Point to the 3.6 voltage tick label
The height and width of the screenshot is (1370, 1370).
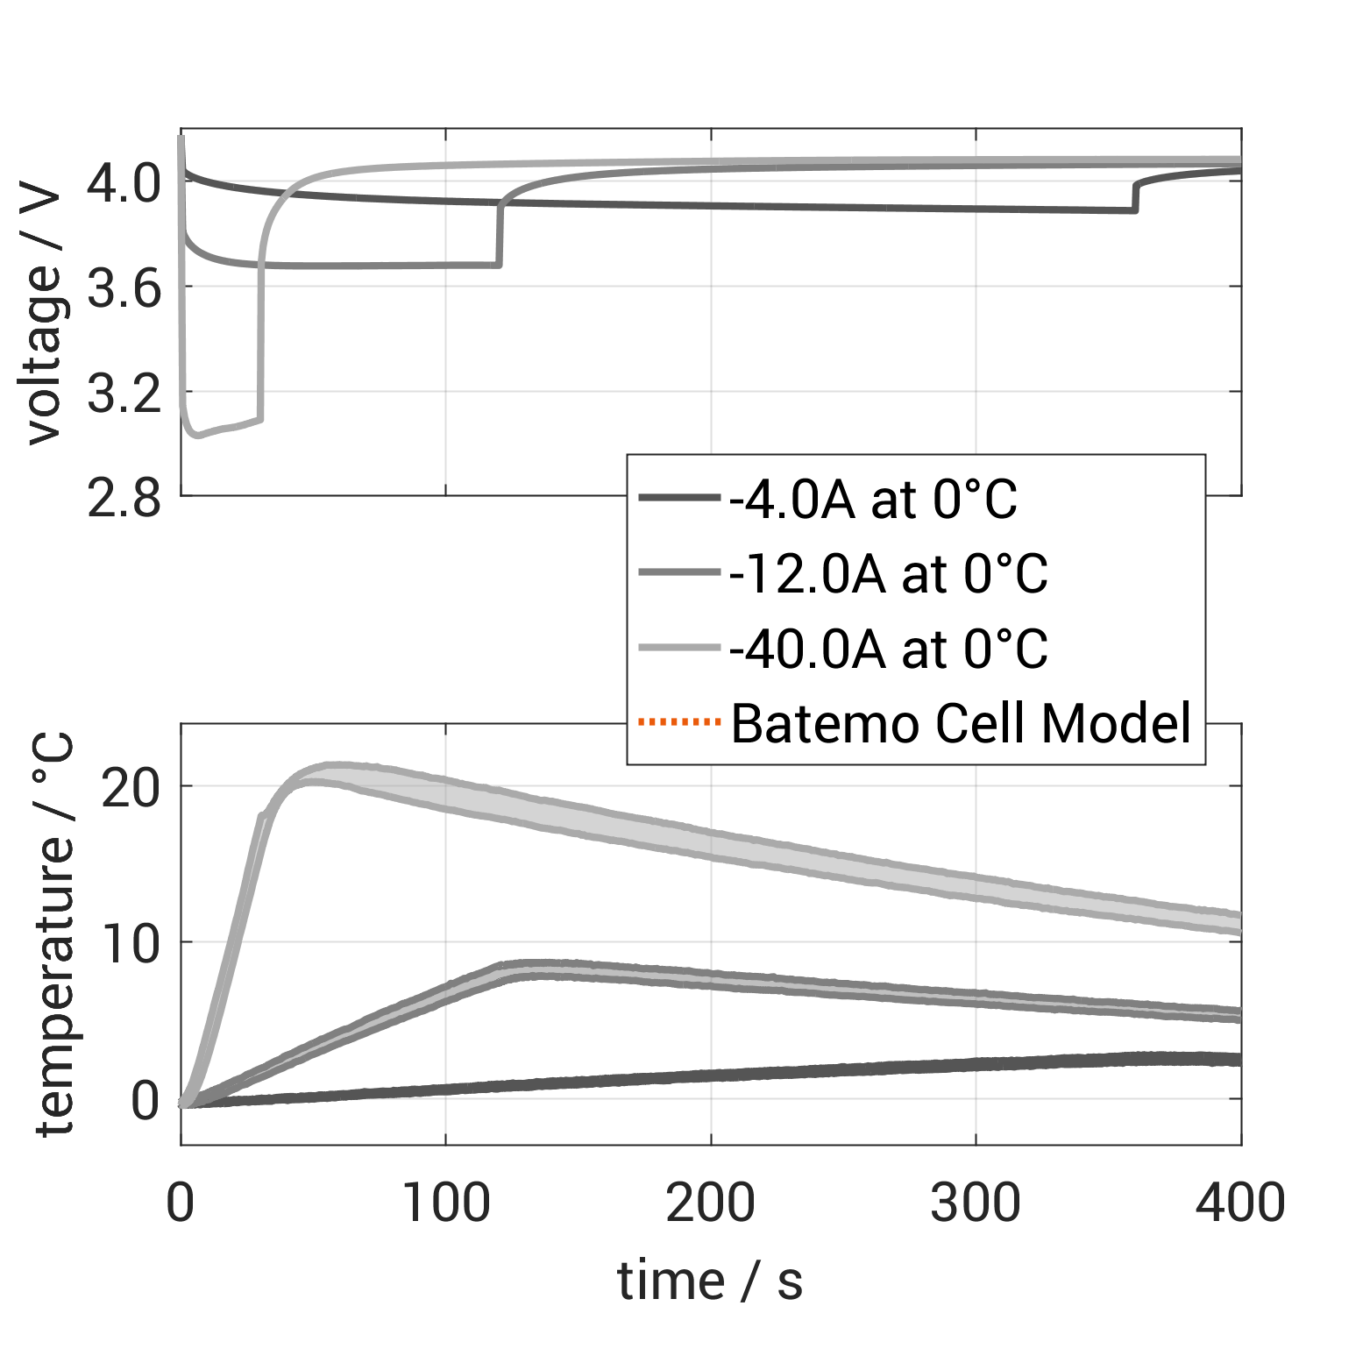coord(124,287)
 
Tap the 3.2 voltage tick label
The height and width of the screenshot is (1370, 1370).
coord(124,393)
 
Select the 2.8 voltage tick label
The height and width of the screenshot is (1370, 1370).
coord(124,498)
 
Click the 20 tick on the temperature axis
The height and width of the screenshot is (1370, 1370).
coord(131,786)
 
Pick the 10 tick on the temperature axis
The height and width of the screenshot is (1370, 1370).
coord(131,943)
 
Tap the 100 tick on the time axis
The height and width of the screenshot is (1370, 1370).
coord(445,1202)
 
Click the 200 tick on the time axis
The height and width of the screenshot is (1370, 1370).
coord(711,1202)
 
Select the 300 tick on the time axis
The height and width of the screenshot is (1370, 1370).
coord(976,1202)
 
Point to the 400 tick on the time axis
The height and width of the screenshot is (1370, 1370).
coord(1240,1202)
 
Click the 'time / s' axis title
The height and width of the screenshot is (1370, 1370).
coord(710,1281)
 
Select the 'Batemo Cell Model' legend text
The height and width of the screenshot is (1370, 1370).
coord(962,723)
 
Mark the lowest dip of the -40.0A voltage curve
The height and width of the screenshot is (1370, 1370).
coord(198,435)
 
